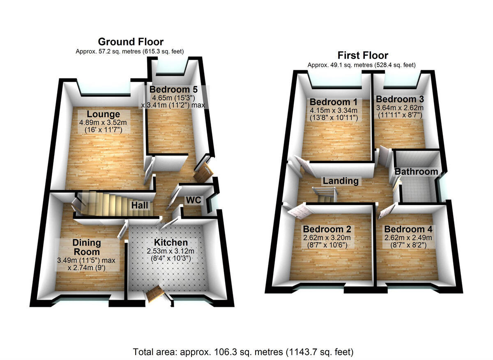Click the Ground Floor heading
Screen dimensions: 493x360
tap(130, 42)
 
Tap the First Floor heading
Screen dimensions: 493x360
tap(362, 55)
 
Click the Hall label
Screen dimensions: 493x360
tap(140, 205)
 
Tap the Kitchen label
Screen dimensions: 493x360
tap(171, 243)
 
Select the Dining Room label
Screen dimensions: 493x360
tap(87, 247)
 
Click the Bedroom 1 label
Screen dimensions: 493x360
tap(333, 102)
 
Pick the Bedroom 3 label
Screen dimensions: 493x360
tap(399, 99)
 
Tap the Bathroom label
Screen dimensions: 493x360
tap(416, 172)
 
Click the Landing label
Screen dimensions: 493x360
tap(340, 181)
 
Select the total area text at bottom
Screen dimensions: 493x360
tap(243, 352)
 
